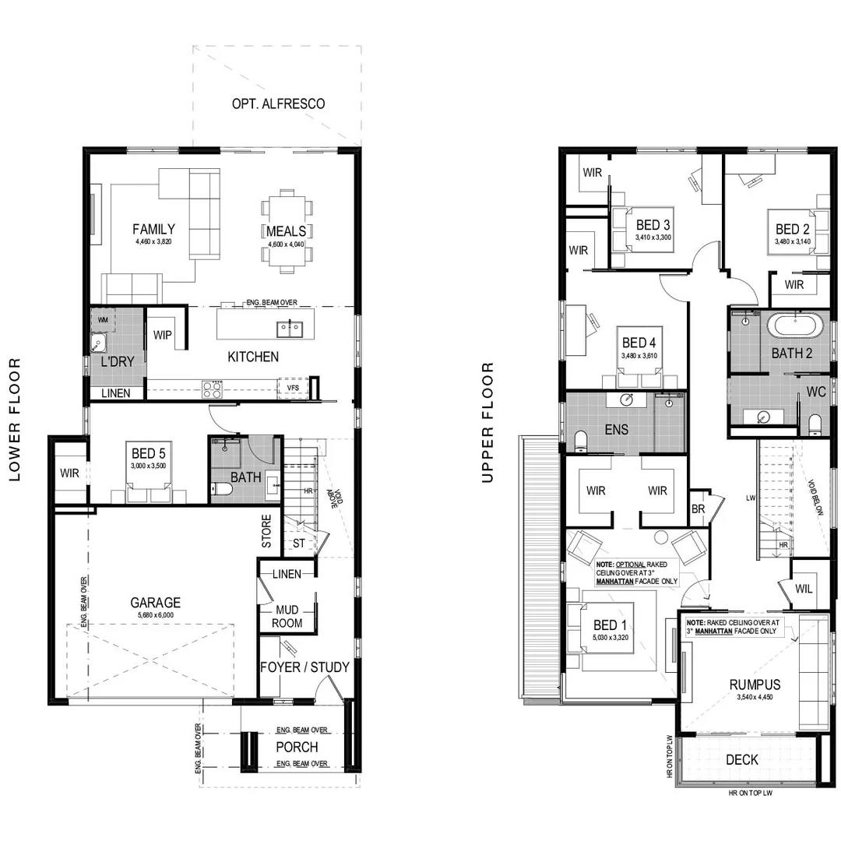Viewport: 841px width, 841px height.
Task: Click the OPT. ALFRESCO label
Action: point(278,104)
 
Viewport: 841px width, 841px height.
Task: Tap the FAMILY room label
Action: point(153,229)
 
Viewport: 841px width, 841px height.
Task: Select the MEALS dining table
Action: point(287,231)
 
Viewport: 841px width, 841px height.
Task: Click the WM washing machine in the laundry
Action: point(103,320)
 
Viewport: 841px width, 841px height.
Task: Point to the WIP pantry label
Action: point(163,335)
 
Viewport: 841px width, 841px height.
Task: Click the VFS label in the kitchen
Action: point(293,387)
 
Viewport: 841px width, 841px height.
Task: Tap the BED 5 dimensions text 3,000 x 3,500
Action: point(148,466)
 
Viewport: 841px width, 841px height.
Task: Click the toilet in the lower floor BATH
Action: point(222,490)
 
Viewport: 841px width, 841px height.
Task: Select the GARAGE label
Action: point(155,602)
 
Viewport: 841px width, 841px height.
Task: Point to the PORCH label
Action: point(297,747)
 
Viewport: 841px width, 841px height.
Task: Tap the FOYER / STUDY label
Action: point(305,667)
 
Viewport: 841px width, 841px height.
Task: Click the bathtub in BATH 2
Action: point(795,325)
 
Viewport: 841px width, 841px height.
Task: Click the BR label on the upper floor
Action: point(698,509)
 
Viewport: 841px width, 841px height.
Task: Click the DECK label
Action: point(741,759)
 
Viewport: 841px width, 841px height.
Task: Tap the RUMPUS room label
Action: point(755,684)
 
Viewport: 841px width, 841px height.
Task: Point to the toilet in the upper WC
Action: point(815,423)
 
